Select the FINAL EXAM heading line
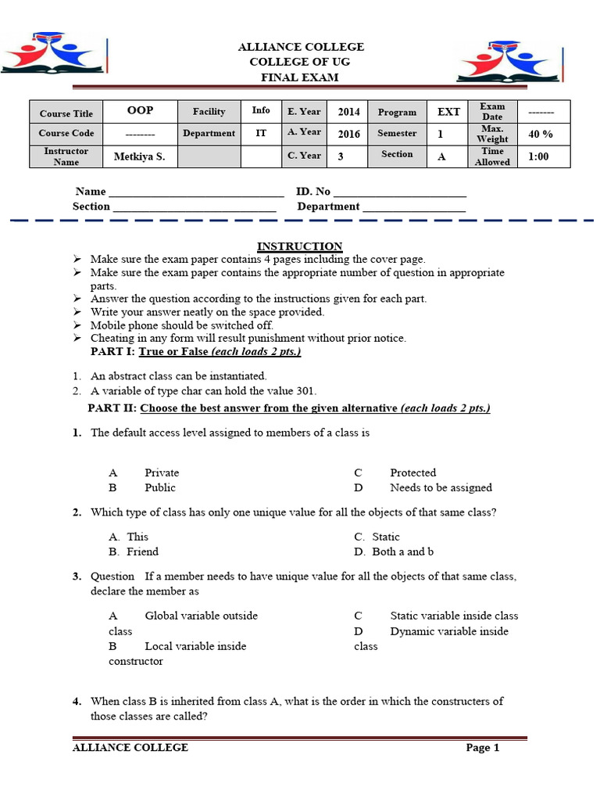coord(300,77)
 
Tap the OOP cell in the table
coord(140,111)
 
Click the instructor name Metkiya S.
coord(140,156)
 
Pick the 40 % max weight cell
coord(541,134)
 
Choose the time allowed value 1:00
coord(538,156)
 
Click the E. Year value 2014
coord(348,112)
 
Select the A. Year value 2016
coord(348,134)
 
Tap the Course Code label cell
coord(66,134)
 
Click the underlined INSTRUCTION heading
coord(300,246)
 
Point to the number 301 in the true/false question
coord(306,391)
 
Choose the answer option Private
coord(162,472)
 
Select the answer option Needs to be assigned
coord(441,487)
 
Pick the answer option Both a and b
coord(402,551)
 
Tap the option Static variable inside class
coord(454,616)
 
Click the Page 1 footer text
coord(482,747)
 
